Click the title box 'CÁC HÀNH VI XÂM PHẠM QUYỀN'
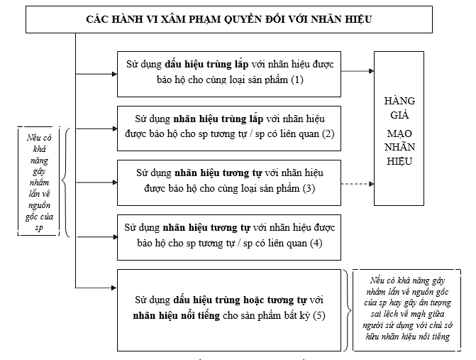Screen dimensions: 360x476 click(228, 19)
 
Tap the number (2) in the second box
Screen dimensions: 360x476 click(326, 134)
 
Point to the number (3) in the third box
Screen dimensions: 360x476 click(308, 188)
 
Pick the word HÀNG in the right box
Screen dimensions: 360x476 click(399, 100)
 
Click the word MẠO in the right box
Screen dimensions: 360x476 click(399, 133)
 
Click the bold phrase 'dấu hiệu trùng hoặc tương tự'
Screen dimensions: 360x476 click(234, 300)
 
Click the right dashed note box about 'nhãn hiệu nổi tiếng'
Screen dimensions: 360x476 click(410, 309)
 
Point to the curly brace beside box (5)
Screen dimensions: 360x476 click(348, 309)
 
